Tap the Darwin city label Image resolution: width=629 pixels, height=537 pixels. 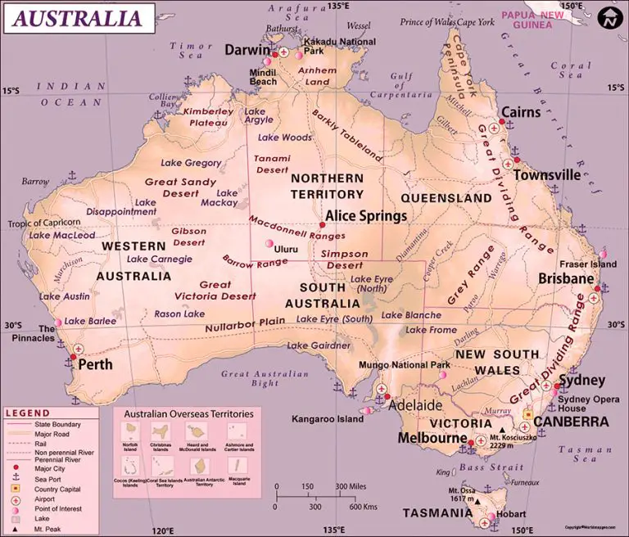(x=247, y=49)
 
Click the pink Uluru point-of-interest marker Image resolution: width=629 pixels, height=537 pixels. (x=269, y=243)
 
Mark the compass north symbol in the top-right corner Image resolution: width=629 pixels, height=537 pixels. (x=608, y=17)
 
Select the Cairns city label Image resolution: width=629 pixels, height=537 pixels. (x=521, y=112)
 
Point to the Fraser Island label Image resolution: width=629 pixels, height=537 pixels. (x=587, y=264)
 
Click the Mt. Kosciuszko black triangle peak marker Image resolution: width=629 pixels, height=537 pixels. (x=501, y=427)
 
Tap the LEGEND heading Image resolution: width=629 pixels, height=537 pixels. (x=28, y=413)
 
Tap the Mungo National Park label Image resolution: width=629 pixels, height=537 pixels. (x=405, y=365)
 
